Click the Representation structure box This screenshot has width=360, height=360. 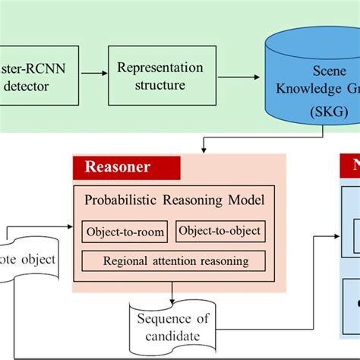click(x=151, y=75)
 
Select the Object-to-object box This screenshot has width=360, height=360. click(x=220, y=231)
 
